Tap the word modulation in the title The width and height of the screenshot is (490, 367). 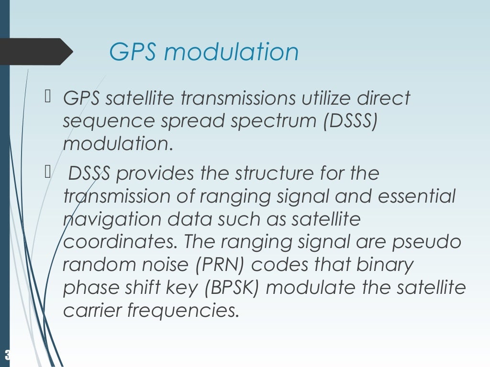point(231,52)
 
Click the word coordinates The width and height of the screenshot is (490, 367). point(119,242)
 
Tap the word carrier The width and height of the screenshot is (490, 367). point(92,311)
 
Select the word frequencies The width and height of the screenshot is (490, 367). point(182,311)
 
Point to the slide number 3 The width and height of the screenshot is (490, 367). point(7,355)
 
